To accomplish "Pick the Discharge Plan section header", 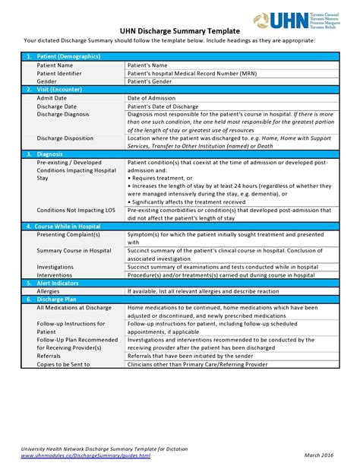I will [x=58, y=299].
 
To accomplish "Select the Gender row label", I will [x=48, y=81].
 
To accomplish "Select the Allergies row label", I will [x=49, y=290].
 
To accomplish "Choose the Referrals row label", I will [x=49, y=355].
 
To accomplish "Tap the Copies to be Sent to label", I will [x=63, y=363].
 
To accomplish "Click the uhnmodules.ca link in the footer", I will [x=86, y=455].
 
